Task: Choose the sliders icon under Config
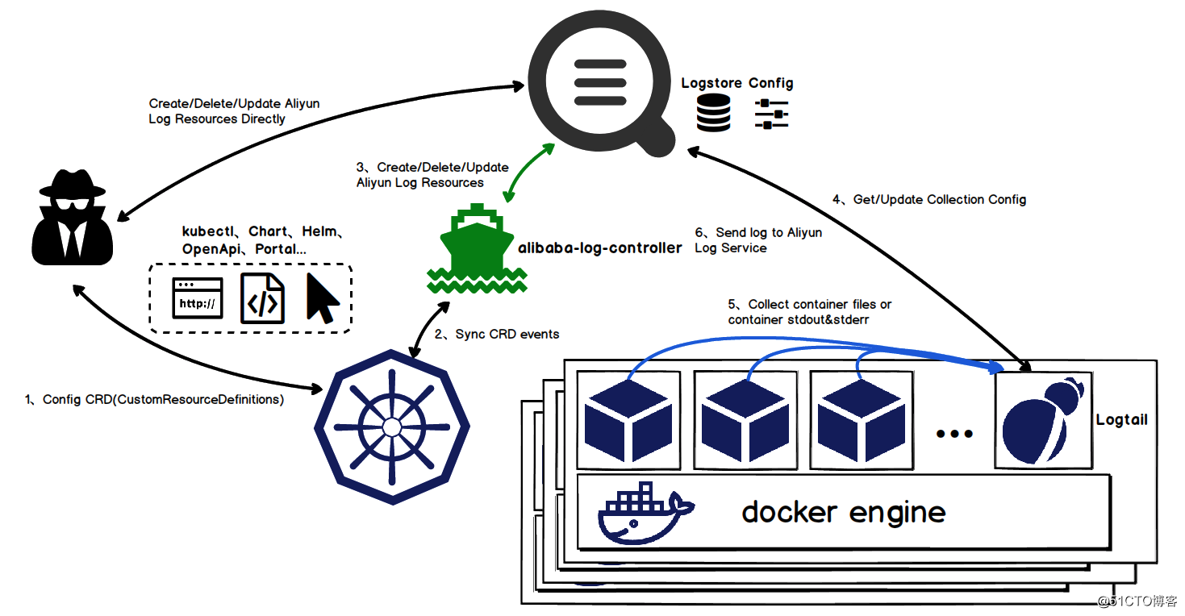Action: click(770, 114)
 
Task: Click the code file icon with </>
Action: click(263, 299)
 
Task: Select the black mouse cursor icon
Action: click(322, 298)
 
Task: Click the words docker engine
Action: click(843, 512)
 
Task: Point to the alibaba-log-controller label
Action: click(599, 248)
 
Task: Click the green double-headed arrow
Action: click(529, 173)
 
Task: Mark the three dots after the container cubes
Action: click(954, 434)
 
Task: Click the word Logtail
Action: click(1121, 420)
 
